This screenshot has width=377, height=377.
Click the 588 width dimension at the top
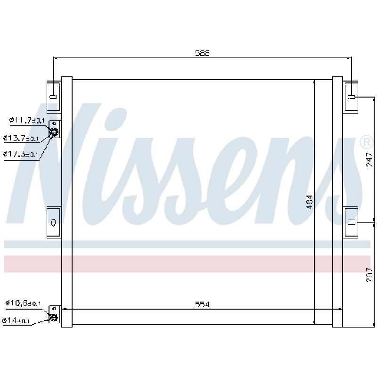[202, 53]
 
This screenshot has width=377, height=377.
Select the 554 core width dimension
[202, 304]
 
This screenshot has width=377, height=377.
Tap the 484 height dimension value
[310, 202]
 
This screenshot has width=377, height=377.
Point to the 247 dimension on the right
[369, 159]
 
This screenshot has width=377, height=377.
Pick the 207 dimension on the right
[369, 275]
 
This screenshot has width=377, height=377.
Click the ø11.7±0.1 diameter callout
[27, 120]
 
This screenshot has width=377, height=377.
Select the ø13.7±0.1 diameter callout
[21, 138]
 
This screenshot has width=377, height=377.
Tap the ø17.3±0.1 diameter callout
[20, 154]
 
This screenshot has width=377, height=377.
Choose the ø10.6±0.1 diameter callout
[23, 303]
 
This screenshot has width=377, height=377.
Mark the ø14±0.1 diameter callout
[16, 320]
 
